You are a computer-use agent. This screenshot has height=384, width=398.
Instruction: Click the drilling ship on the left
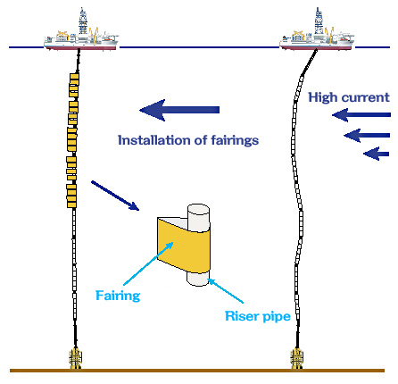(x=81, y=38)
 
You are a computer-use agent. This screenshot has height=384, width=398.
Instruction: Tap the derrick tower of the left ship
(x=83, y=21)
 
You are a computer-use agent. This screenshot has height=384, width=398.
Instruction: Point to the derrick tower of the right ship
(x=319, y=21)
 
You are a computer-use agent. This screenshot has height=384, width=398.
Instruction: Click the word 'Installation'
(x=153, y=140)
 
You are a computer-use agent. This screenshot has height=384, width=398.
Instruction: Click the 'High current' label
(x=348, y=97)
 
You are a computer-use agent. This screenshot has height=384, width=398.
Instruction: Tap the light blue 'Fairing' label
(x=118, y=296)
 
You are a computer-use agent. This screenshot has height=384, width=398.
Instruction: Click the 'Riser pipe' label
(x=258, y=316)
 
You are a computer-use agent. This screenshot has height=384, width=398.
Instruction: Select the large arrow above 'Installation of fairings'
(x=179, y=110)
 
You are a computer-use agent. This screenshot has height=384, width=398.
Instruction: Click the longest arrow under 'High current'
(x=361, y=115)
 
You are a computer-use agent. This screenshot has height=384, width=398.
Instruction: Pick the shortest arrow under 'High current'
(x=377, y=154)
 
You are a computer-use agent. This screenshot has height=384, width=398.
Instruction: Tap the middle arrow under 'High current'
(x=367, y=136)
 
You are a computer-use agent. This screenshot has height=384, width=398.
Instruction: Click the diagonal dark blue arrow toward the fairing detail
(x=115, y=196)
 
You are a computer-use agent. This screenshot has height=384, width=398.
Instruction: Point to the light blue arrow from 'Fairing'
(x=148, y=263)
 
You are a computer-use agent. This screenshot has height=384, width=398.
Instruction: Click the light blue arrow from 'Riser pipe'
(x=226, y=291)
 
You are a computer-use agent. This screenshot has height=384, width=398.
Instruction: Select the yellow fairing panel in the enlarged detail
(x=184, y=245)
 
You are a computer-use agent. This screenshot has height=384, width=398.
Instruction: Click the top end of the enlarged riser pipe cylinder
(x=198, y=209)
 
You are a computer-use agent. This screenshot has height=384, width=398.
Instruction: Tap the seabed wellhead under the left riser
(x=76, y=358)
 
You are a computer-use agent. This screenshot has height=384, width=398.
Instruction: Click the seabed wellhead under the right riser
(x=297, y=358)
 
